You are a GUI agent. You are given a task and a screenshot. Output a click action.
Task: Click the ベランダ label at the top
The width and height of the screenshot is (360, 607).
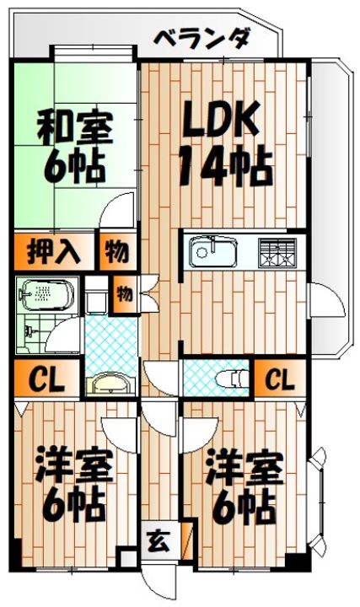[203, 38]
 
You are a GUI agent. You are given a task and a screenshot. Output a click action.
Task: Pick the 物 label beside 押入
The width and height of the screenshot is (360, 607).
[117, 250]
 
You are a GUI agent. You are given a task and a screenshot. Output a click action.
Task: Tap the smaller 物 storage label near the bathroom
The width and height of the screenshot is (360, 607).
[124, 294]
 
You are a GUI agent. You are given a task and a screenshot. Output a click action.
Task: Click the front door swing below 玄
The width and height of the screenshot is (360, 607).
[160, 582]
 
